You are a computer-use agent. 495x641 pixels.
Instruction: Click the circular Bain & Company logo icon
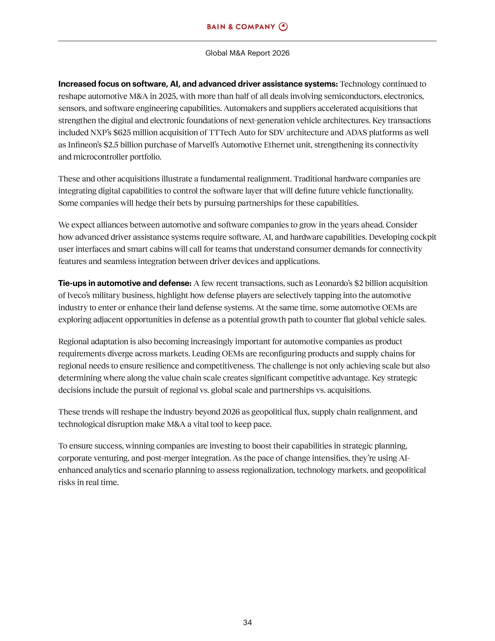[x=283, y=27]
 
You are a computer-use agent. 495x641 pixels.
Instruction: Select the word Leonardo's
[x=333, y=283]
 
